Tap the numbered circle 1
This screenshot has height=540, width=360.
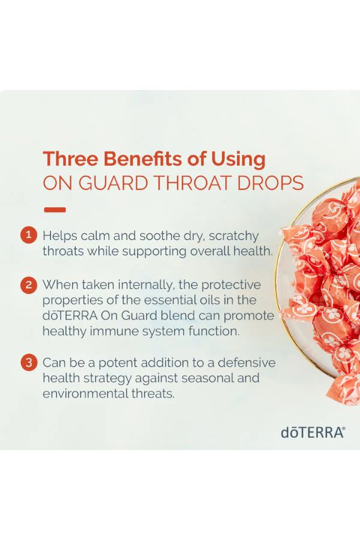pos(29,235)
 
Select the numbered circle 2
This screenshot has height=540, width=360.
pos(29,285)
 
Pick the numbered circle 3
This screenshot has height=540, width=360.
pos(29,362)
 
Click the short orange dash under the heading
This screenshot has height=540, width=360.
pos(55,209)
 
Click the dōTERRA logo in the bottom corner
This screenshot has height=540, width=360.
pos(313,433)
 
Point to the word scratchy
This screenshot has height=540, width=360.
pos(233,236)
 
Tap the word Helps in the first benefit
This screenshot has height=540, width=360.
pos(59,236)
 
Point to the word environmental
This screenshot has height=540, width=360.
pos(85,393)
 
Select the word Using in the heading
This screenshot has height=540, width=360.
pos(238,160)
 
